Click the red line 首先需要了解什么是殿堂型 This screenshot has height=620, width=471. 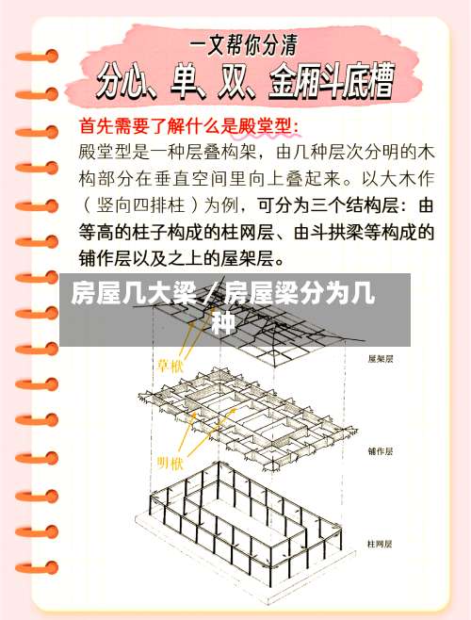[x=188, y=124]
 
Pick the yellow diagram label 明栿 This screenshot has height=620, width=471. [x=171, y=462]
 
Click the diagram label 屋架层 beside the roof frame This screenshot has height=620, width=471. [x=381, y=359]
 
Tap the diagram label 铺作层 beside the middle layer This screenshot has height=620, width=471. [x=381, y=451]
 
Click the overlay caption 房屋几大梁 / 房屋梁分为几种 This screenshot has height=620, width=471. [x=222, y=309]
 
